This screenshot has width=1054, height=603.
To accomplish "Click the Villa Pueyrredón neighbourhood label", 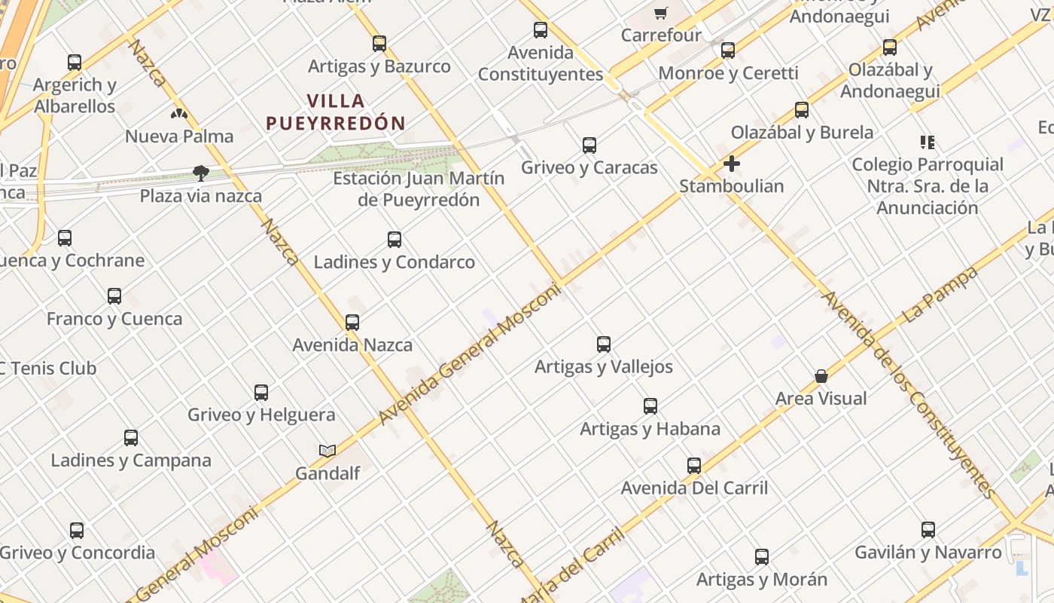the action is pos(336,112).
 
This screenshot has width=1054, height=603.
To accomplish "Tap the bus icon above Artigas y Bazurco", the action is pos(379,44).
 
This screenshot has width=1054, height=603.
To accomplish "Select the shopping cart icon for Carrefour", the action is pos(661,13).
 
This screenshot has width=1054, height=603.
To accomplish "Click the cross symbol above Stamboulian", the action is pos(732,164).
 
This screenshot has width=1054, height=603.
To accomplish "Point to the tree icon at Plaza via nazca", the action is pos(200,173).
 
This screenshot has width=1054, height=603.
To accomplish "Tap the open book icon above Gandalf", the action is pos(327,451).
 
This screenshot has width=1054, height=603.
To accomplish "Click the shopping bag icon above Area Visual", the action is pos(821,376).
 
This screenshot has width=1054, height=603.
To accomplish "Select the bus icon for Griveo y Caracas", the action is pos(589,145).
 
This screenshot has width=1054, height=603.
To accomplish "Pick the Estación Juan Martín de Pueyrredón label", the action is pos(419,189).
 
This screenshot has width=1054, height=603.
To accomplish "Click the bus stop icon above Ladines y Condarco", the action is pos(394,240).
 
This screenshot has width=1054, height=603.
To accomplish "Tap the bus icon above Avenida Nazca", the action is pos(352,323).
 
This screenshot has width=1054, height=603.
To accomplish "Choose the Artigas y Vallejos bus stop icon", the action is pos(604,344).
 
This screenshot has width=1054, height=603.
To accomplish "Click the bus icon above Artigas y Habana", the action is pos(650,406).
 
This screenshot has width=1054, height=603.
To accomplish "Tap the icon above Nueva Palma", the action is pos(179,115).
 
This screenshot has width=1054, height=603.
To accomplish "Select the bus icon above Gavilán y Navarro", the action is pos(928,530).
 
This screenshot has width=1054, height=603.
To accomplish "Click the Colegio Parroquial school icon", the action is pos(927,142).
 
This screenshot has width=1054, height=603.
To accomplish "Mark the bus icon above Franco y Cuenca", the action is pos(114,296).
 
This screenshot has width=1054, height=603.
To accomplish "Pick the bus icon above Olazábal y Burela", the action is pos(802,110).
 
